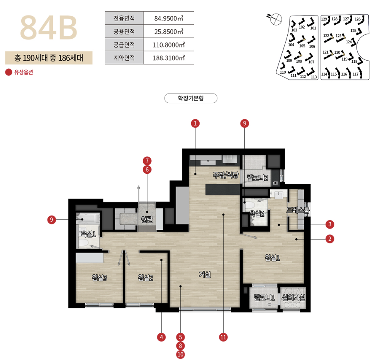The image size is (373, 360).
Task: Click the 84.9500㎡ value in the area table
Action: (x=169, y=18)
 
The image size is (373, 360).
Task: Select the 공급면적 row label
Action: (x=124, y=45)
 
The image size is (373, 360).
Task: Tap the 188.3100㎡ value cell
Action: (x=169, y=58)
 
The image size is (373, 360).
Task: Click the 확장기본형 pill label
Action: (x=191, y=98)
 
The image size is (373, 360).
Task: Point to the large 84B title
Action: (x=49, y=27)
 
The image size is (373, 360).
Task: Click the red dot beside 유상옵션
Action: (x=8, y=72)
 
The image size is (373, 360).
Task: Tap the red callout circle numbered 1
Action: (x=195, y=123)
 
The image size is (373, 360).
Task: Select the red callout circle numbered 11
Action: (x=223, y=337)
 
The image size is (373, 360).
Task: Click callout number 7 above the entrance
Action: (x=147, y=161)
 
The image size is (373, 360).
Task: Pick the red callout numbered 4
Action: (x=161, y=337)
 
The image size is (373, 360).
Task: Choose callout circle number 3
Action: (x=330, y=224)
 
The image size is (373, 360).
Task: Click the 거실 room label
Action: (x=205, y=275)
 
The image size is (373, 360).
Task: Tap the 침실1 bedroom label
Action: (x=272, y=258)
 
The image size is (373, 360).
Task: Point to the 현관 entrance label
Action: (x=147, y=219)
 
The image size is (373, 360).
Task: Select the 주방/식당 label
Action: (x=225, y=175)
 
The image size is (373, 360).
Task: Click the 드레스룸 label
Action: (x=298, y=210)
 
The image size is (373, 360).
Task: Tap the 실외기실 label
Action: (x=293, y=297)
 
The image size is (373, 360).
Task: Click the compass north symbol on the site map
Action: (x=276, y=19)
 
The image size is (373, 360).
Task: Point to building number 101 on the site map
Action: (x=313, y=28)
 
